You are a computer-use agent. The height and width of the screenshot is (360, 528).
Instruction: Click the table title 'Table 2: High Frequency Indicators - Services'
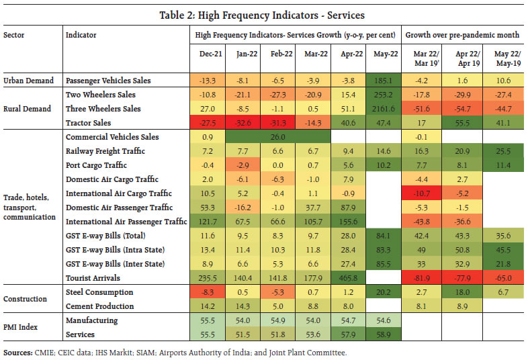coord(264,14)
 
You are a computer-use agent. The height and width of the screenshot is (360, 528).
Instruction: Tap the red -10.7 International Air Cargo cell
coord(423,193)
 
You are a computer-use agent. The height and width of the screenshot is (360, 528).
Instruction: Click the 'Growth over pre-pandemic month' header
coord(464,34)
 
